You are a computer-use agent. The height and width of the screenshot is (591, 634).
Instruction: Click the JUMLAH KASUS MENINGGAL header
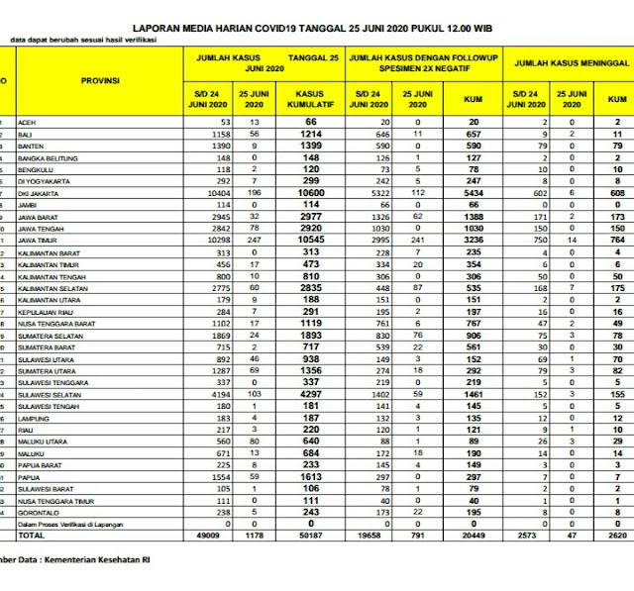point(572,61)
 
